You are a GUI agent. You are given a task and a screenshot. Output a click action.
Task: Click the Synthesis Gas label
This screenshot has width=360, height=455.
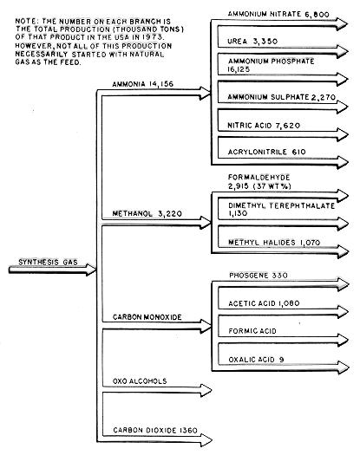tap(48, 262)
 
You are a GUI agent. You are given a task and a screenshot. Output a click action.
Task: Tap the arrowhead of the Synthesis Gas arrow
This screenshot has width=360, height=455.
tap(91, 270)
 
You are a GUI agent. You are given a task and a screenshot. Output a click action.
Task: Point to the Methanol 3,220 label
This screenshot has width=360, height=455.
tap(147, 213)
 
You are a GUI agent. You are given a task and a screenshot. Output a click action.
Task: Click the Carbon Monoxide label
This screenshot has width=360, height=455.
tap(147, 317)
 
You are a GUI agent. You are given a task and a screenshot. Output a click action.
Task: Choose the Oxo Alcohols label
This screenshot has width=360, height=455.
tap(140, 381)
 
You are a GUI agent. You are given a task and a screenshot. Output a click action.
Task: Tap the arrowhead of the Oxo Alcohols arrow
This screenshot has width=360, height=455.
tap(206, 390)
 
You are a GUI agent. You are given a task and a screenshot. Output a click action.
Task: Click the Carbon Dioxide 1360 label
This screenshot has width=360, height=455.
tap(155, 430)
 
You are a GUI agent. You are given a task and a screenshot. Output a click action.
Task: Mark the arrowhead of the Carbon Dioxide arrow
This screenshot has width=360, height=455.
tap(206, 440)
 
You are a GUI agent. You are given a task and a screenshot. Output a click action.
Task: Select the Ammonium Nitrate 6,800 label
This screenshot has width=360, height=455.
tap(278, 14)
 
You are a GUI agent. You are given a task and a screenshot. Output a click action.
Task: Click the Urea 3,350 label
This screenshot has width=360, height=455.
tap(252, 42)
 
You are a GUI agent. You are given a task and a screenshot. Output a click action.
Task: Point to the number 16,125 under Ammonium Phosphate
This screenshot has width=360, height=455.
tap(239, 69)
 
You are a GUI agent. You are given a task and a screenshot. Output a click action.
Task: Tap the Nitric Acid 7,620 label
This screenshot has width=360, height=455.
tap(264, 126)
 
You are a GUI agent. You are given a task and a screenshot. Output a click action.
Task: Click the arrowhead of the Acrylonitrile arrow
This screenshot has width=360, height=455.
tap(343, 163)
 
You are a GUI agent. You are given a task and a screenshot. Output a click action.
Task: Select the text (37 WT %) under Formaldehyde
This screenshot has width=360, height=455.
tap(272, 186)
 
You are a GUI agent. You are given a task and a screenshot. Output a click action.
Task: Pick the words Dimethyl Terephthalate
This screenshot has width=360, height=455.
tap(281, 205)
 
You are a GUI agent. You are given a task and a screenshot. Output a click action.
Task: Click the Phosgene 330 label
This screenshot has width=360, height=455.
tap(259, 275)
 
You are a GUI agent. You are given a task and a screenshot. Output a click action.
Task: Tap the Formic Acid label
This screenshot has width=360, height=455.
tap(252, 331)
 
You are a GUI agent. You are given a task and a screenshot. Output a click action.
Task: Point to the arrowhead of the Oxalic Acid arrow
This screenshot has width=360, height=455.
tap(344, 367)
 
